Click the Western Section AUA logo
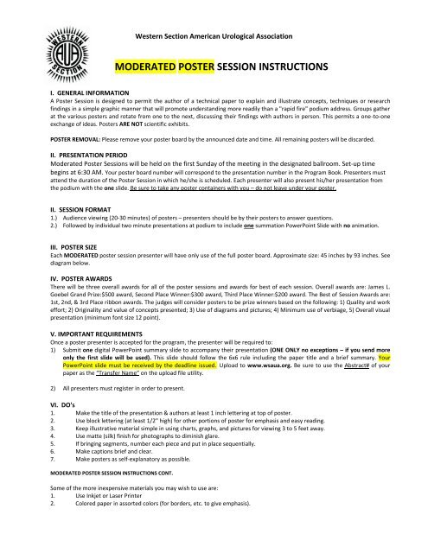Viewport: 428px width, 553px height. click(x=37, y=43)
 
